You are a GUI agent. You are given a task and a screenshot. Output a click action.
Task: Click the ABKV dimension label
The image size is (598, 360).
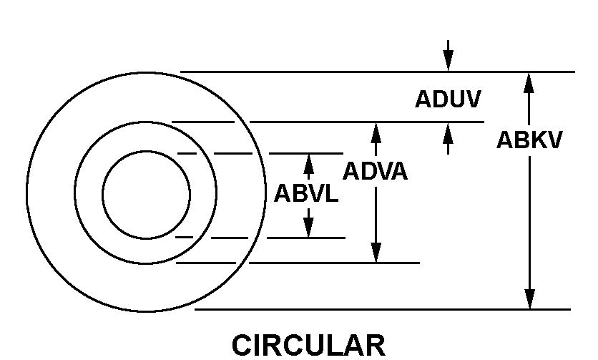tap(529, 140)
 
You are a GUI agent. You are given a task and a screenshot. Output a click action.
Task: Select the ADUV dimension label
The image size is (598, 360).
tap(448, 99)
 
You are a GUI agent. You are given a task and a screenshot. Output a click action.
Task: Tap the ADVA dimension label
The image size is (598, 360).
tap(376, 171)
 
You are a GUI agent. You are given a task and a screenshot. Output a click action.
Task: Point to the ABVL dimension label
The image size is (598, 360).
tap(306, 193)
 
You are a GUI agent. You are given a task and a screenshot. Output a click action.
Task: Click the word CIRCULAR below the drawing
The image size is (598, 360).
tap(308, 345)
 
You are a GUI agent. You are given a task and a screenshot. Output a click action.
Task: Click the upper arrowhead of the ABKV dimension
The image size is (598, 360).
tap(529, 83)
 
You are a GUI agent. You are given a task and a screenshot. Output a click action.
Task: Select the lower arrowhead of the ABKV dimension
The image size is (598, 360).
tap(529, 299)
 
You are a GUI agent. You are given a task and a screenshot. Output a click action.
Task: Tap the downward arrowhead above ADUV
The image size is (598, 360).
tap(448, 61)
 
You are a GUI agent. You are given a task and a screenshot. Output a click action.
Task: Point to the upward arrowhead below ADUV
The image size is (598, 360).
tap(448, 133)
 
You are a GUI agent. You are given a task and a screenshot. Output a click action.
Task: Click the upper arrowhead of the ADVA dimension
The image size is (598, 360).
tap(376, 133)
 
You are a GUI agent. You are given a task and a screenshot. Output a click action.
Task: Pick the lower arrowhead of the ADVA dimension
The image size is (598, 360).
tap(376, 253)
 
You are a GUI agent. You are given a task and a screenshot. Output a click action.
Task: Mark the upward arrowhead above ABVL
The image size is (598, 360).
tap(308, 164)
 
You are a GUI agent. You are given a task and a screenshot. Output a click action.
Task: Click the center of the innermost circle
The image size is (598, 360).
tap(147, 195)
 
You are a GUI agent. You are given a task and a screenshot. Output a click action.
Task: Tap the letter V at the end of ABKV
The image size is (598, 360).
tap(554, 140)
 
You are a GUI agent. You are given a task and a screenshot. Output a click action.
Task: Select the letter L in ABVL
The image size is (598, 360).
tap(331, 193)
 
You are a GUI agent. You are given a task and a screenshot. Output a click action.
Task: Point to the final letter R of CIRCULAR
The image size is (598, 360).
tap(376, 345)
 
